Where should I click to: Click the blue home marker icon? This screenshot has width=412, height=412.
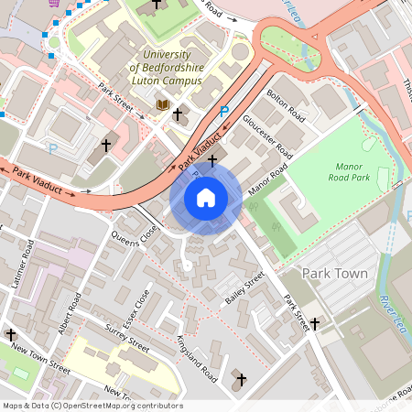[206, 197]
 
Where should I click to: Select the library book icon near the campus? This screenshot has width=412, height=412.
[163, 105]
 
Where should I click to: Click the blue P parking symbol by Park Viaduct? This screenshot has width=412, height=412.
[224, 111]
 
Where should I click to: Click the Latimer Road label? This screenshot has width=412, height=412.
[29, 261]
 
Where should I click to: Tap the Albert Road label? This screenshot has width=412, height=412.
[73, 314]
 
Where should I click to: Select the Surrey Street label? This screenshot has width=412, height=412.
[126, 338]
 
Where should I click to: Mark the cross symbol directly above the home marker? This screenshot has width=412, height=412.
[212, 160]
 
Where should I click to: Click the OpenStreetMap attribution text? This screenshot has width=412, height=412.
[92, 406]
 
